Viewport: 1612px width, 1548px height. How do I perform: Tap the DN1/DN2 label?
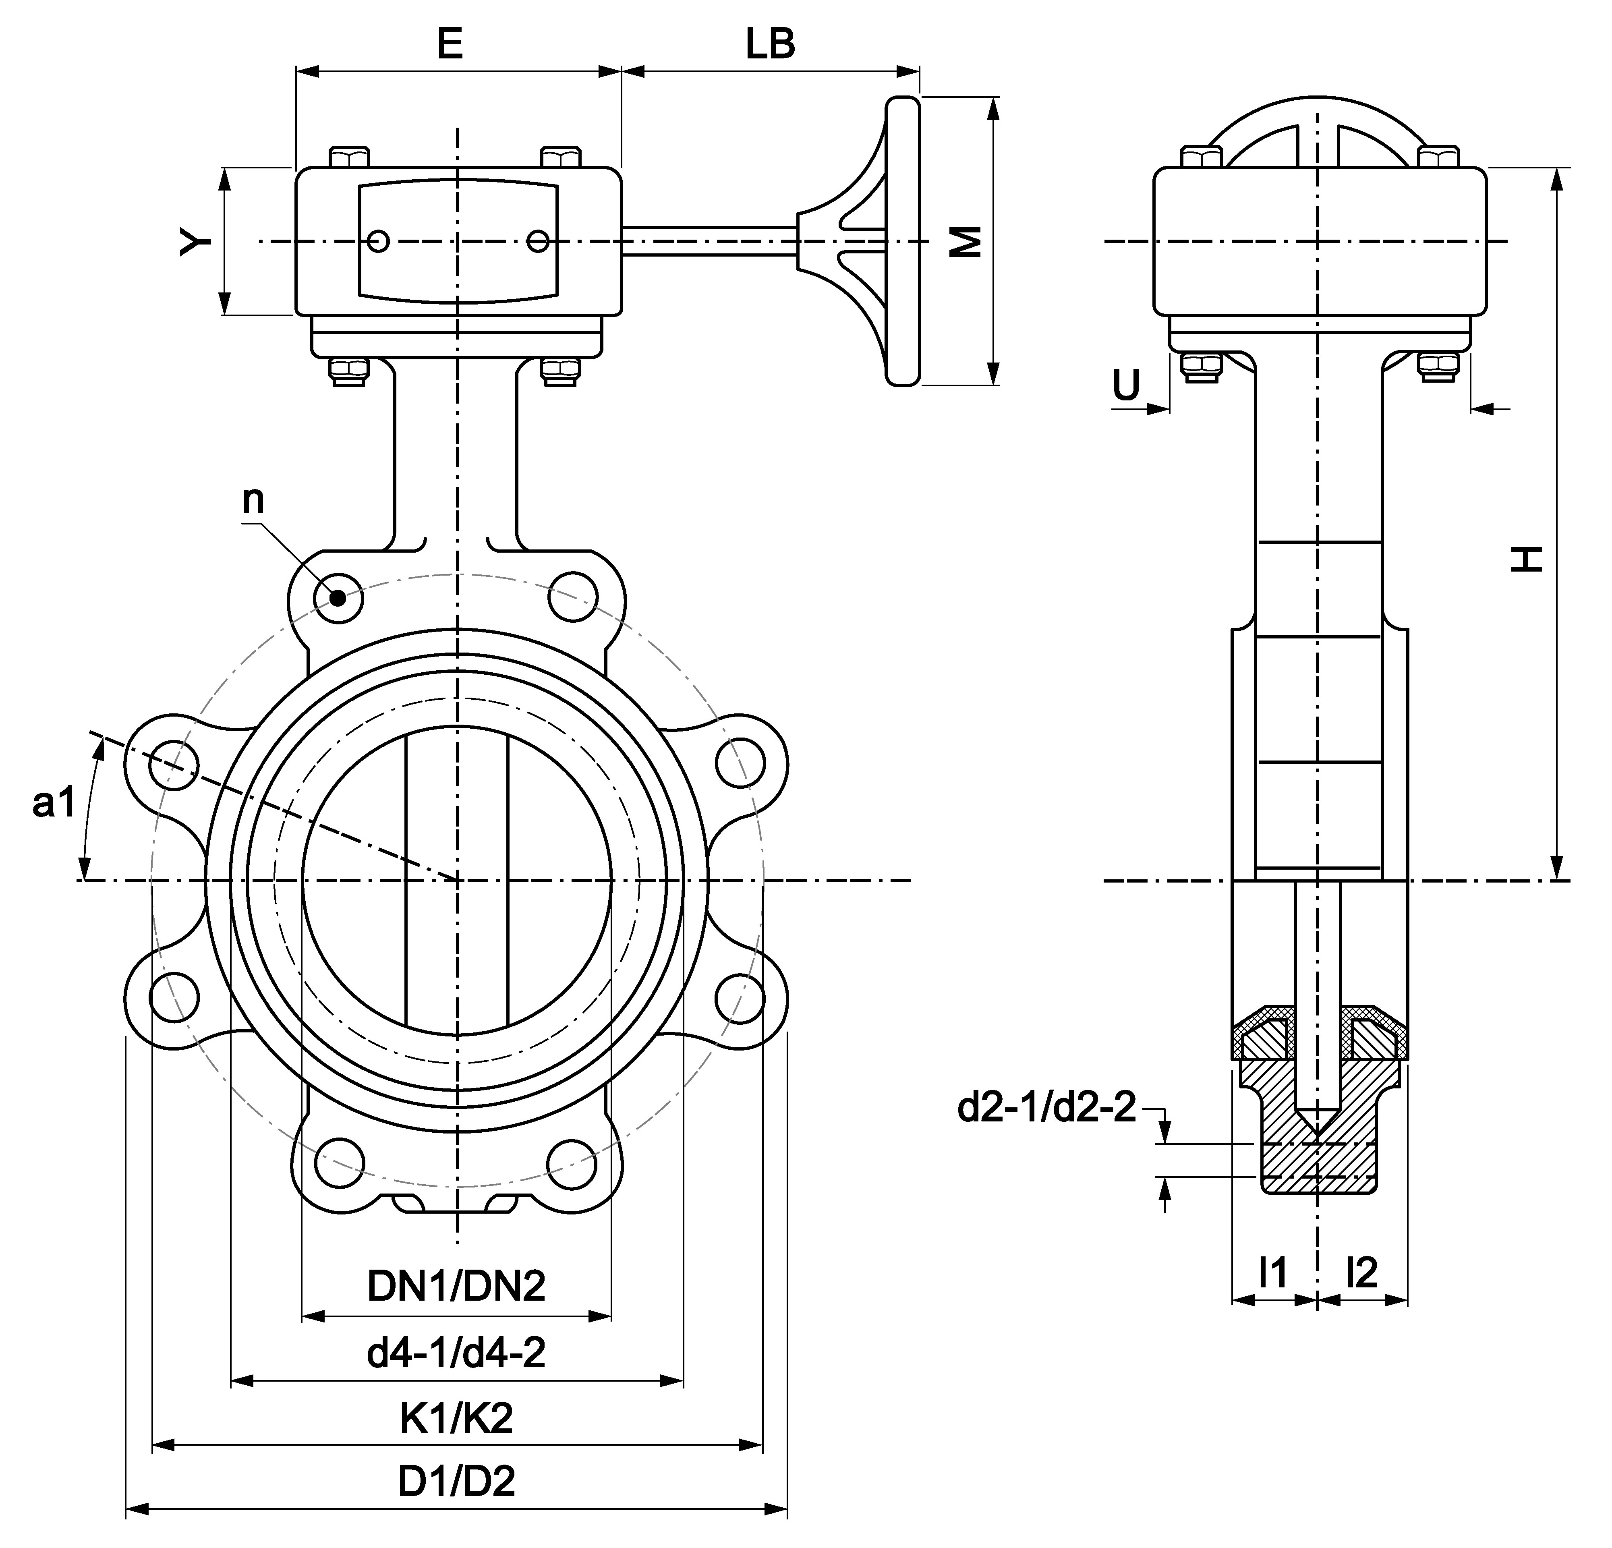(456, 1286)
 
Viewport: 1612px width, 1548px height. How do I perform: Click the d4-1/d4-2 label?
(456, 1351)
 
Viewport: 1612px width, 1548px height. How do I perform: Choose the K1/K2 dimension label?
(456, 1417)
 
